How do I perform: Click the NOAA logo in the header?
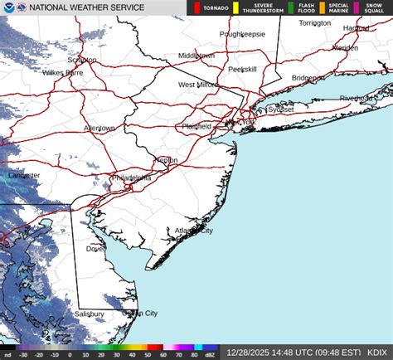[8, 7]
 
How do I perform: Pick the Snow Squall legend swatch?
[357, 8]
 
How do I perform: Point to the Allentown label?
[99, 128]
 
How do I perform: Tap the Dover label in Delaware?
[95, 248]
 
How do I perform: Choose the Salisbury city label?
[90, 314]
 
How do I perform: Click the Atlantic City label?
[193, 231]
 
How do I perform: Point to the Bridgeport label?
[308, 77]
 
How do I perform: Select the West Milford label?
[197, 85]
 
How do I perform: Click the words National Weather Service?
[86, 7]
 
